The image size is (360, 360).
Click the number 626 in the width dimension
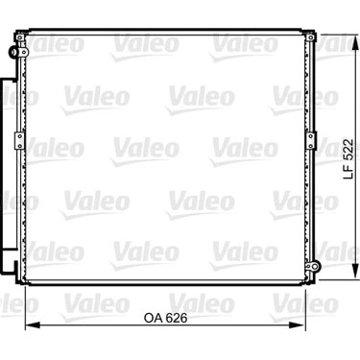click(x=177, y=318)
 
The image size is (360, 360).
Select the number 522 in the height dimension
click(x=348, y=150)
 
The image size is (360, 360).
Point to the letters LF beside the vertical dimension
click(x=348, y=172)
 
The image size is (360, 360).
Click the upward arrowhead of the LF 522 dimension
click(x=355, y=41)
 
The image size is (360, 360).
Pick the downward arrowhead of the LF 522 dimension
click(x=355, y=272)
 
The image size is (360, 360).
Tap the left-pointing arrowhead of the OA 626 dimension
click(x=33, y=325)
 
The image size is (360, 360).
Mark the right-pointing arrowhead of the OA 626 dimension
click(x=298, y=325)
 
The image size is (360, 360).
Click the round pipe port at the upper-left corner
click(x=12, y=52)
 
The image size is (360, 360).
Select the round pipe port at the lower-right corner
click(x=315, y=266)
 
